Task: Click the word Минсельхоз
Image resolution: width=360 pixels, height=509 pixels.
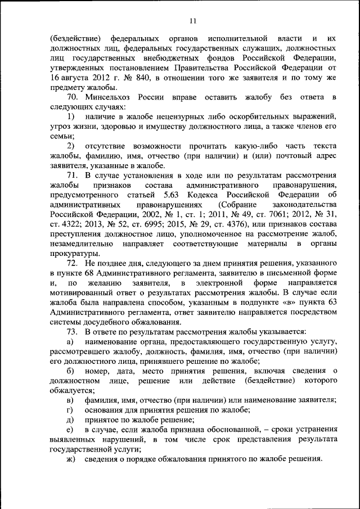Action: click(x=109, y=97)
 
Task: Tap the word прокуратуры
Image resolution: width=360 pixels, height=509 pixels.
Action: click(x=73, y=254)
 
